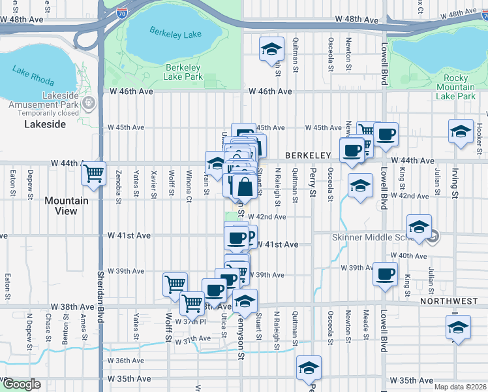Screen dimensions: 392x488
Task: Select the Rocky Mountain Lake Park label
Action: pyautogui.click(x=455, y=87)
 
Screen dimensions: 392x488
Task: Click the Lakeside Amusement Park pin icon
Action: pyautogui.click(x=89, y=104)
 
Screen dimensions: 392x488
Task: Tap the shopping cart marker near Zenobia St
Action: pyautogui.click(x=93, y=174)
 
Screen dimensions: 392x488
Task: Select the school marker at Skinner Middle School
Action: pyautogui.click(x=419, y=228)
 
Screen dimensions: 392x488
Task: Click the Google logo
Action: pyautogui.click(x=21, y=384)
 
